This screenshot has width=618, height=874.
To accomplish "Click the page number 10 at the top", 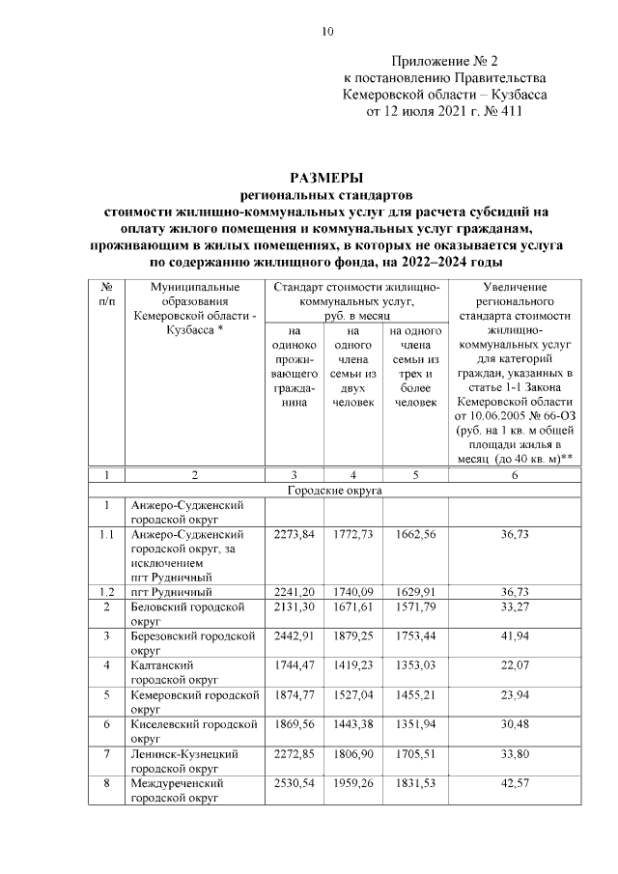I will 327,32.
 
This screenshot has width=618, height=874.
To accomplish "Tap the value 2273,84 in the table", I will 294,534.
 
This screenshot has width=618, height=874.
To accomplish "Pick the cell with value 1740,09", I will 353,592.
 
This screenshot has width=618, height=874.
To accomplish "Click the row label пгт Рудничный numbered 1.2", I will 171,592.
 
